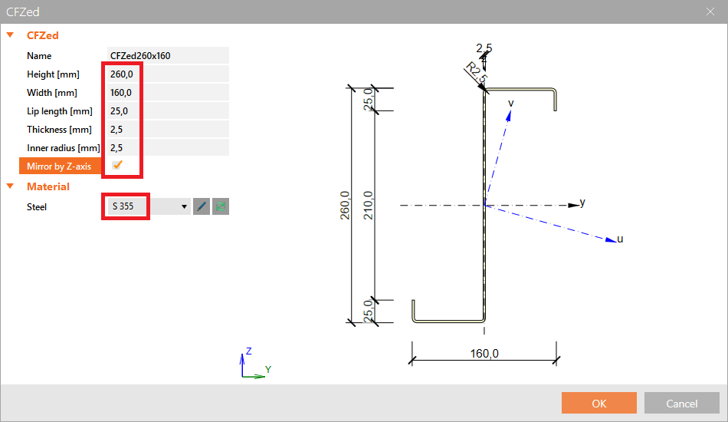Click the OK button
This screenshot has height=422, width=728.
click(599, 404)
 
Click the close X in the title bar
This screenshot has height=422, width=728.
click(710, 12)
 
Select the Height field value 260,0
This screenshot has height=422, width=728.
click(121, 74)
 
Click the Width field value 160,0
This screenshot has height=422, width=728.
click(121, 93)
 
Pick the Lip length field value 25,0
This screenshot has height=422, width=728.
click(119, 111)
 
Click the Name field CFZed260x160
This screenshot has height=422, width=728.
click(140, 56)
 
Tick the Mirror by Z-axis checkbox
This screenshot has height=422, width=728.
click(117, 166)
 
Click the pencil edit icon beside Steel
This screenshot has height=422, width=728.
click(202, 206)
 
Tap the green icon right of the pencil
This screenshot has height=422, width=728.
click(221, 206)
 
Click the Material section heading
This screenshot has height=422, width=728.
click(48, 186)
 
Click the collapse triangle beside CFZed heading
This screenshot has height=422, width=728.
click(10, 35)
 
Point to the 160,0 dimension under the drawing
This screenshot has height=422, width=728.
click(484, 354)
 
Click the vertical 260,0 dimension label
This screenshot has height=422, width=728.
click(345, 205)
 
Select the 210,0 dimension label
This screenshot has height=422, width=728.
click(368, 205)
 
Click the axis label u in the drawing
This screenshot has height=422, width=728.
click(620, 239)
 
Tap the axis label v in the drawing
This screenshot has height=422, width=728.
click(511, 102)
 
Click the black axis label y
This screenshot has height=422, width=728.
click(582, 203)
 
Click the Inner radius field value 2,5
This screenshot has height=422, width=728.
click(116, 148)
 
